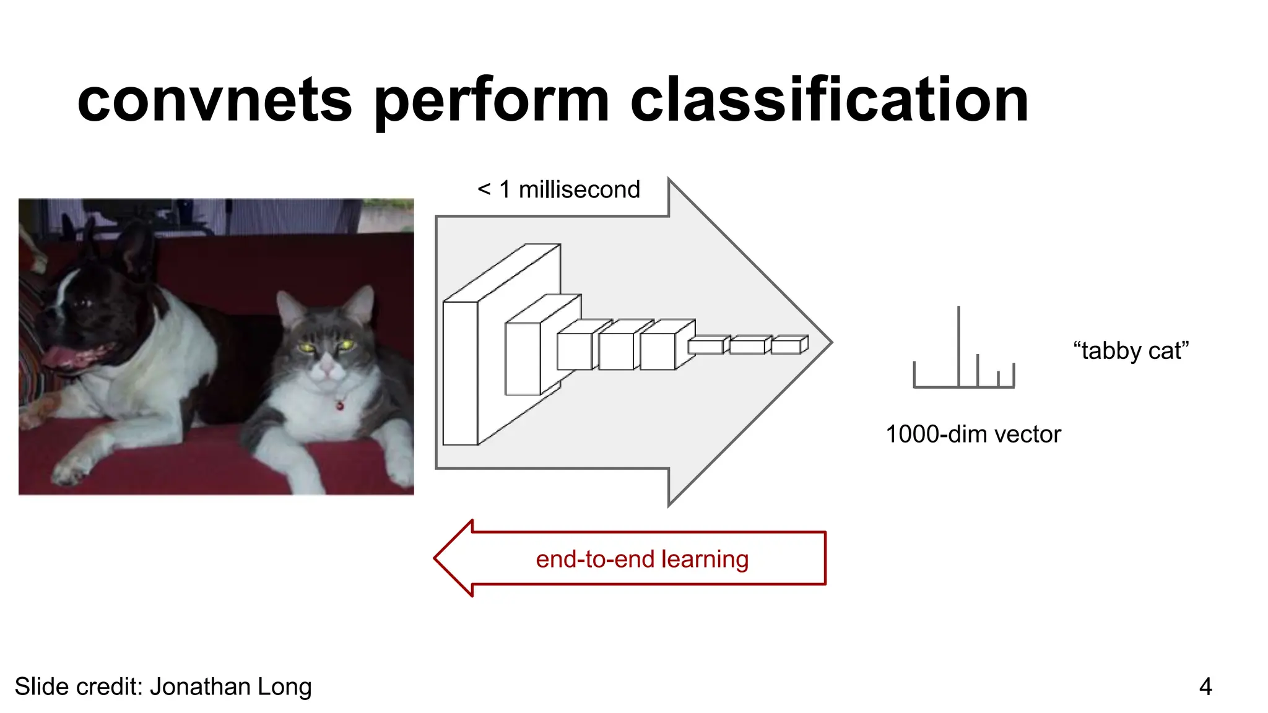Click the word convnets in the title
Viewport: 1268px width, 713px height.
(x=214, y=101)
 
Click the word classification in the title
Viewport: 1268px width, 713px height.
(x=829, y=101)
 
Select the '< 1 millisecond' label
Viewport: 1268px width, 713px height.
(x=558, y=189)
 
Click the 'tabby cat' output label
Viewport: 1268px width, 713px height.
(x=1131, y=351)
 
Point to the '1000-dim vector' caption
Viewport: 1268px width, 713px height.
(x=973, y=434)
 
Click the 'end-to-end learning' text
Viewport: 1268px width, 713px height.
(x=642, y=559)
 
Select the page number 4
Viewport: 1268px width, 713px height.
(x=1205, y=686)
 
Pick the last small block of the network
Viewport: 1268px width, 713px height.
(x=788, y=345)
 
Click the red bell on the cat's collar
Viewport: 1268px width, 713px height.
(x=340, y=405)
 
